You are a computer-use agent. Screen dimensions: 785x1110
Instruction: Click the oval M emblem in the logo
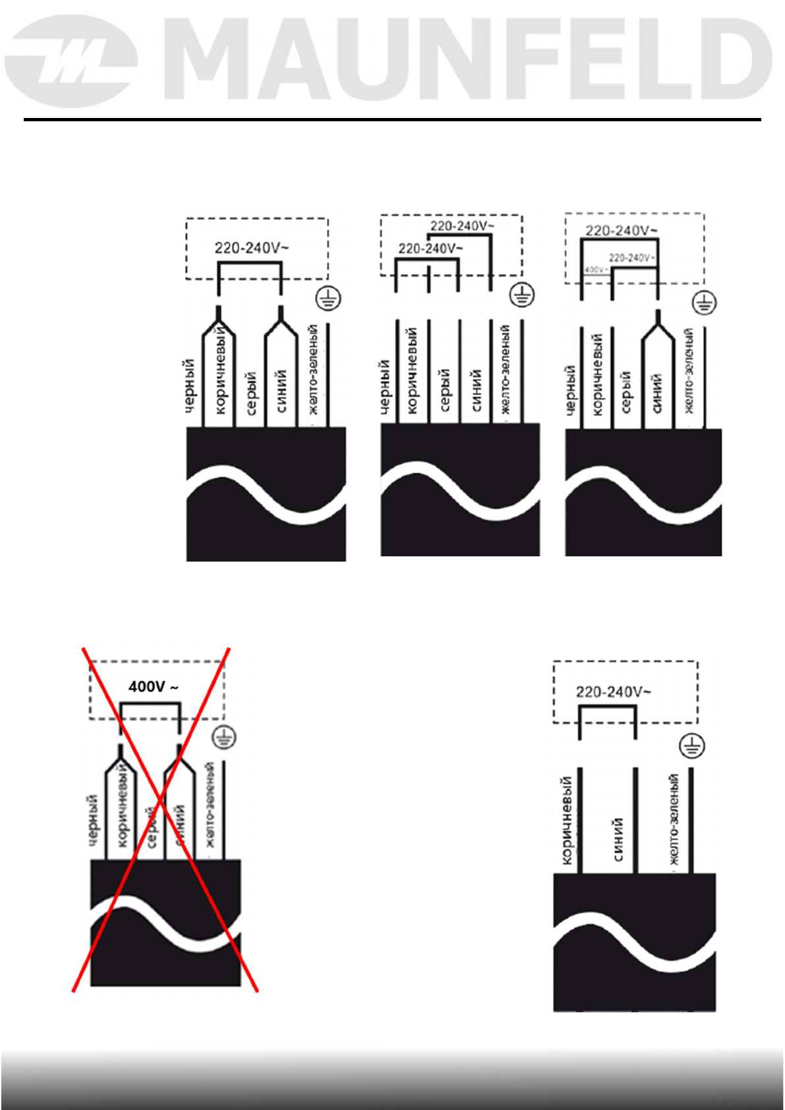click(x=71, y=62)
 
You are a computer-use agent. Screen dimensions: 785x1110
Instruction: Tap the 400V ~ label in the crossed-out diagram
click(x=153, y=687)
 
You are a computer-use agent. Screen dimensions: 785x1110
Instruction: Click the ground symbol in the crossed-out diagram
click(x=225, y=737)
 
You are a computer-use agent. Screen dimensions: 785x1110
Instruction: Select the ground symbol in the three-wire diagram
click(x=691, y=746)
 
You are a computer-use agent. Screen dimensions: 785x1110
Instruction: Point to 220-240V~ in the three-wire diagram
click(x=613, y=691)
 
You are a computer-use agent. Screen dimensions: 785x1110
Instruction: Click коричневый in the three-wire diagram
click(x=566, y=820)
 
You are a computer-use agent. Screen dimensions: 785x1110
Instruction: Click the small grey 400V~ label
click(x=596, y=270)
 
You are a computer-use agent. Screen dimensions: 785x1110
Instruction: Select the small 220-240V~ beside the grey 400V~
click(x=631, y=258)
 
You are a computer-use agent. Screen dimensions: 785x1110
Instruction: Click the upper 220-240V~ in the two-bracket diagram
click(x=462, y=226)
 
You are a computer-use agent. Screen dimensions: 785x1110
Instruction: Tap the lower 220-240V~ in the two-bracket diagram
click(x=430, y=248)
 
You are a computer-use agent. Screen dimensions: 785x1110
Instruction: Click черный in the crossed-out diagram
click(x=93, y=819)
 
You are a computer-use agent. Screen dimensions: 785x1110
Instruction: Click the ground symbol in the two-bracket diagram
click(x=523, y=295)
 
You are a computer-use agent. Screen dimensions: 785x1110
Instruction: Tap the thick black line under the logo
click(x=392, y=120)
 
